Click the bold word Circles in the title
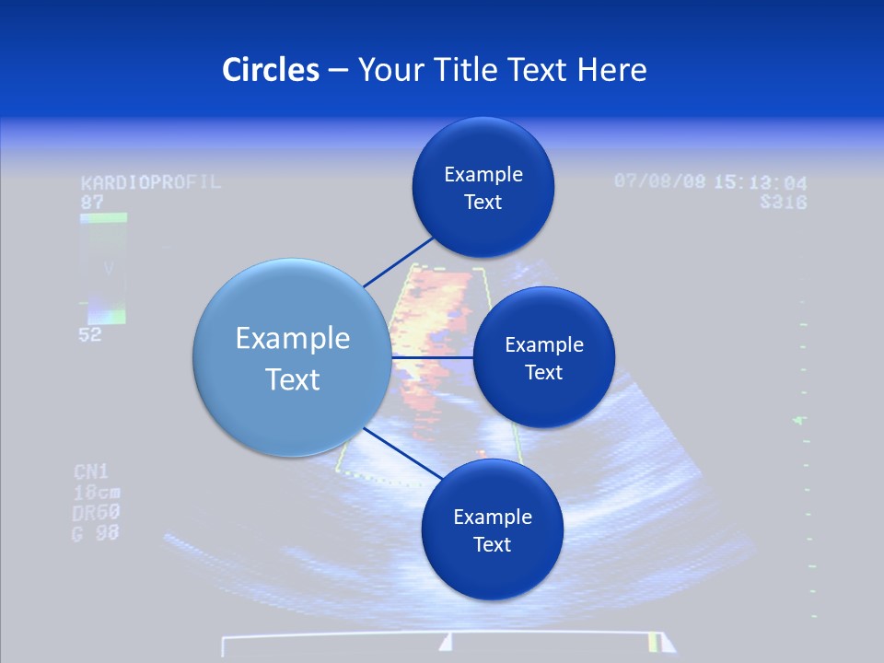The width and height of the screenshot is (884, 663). [270, 70]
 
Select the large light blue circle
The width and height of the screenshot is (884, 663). [292, 358]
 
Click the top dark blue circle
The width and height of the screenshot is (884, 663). [483, 188]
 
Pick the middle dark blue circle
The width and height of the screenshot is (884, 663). [543, 357]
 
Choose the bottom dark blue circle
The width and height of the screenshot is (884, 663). [492, 529]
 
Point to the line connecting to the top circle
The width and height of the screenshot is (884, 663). [399, 261]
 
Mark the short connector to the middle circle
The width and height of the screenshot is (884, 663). [431, 357]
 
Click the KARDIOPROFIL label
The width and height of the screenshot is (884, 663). [151, 182]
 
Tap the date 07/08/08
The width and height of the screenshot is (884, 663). [659, 181]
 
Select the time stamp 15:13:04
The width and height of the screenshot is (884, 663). [760, 182]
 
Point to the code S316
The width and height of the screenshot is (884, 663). [783, 202]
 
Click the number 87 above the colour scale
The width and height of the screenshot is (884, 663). [92, 202]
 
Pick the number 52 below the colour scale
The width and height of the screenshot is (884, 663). [90, 335]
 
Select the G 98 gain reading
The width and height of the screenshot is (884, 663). [96, 532]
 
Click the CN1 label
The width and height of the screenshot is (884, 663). [91, 472]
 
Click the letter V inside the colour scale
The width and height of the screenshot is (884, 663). [109, 269]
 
